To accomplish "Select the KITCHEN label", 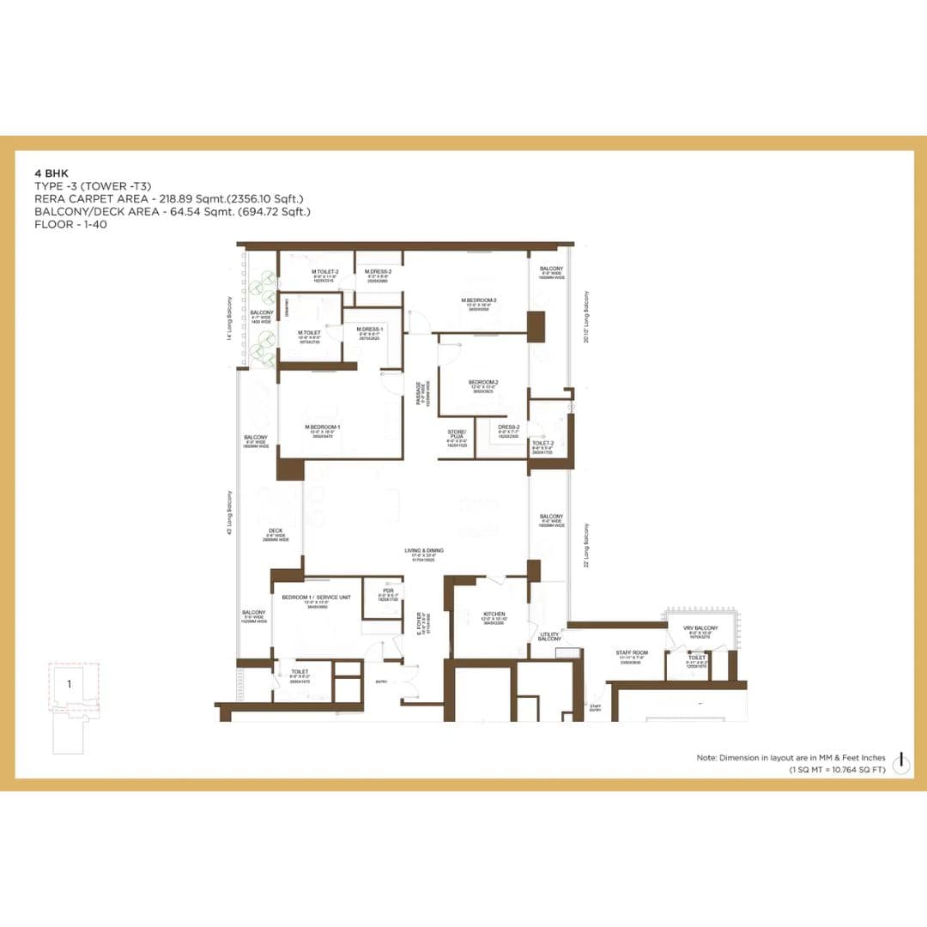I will tap(491, 615).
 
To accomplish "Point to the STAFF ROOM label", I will tap(631, 653).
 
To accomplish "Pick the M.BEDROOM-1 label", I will tap(323, 427).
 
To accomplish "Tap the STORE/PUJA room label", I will tap(457, 433).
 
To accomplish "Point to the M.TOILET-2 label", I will tap(325, 272).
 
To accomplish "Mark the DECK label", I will tap(276, 531).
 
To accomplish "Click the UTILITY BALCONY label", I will tap(549, 636).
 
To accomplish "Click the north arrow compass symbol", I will tap(902, 760).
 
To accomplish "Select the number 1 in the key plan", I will tap(69, 684).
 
